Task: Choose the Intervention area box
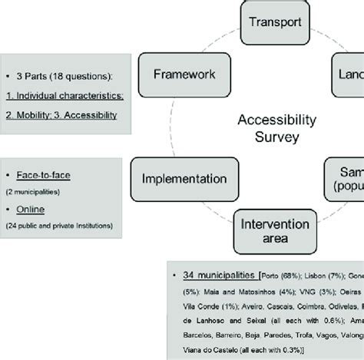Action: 274,230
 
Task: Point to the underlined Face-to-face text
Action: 46,176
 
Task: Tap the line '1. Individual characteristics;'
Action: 65,96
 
